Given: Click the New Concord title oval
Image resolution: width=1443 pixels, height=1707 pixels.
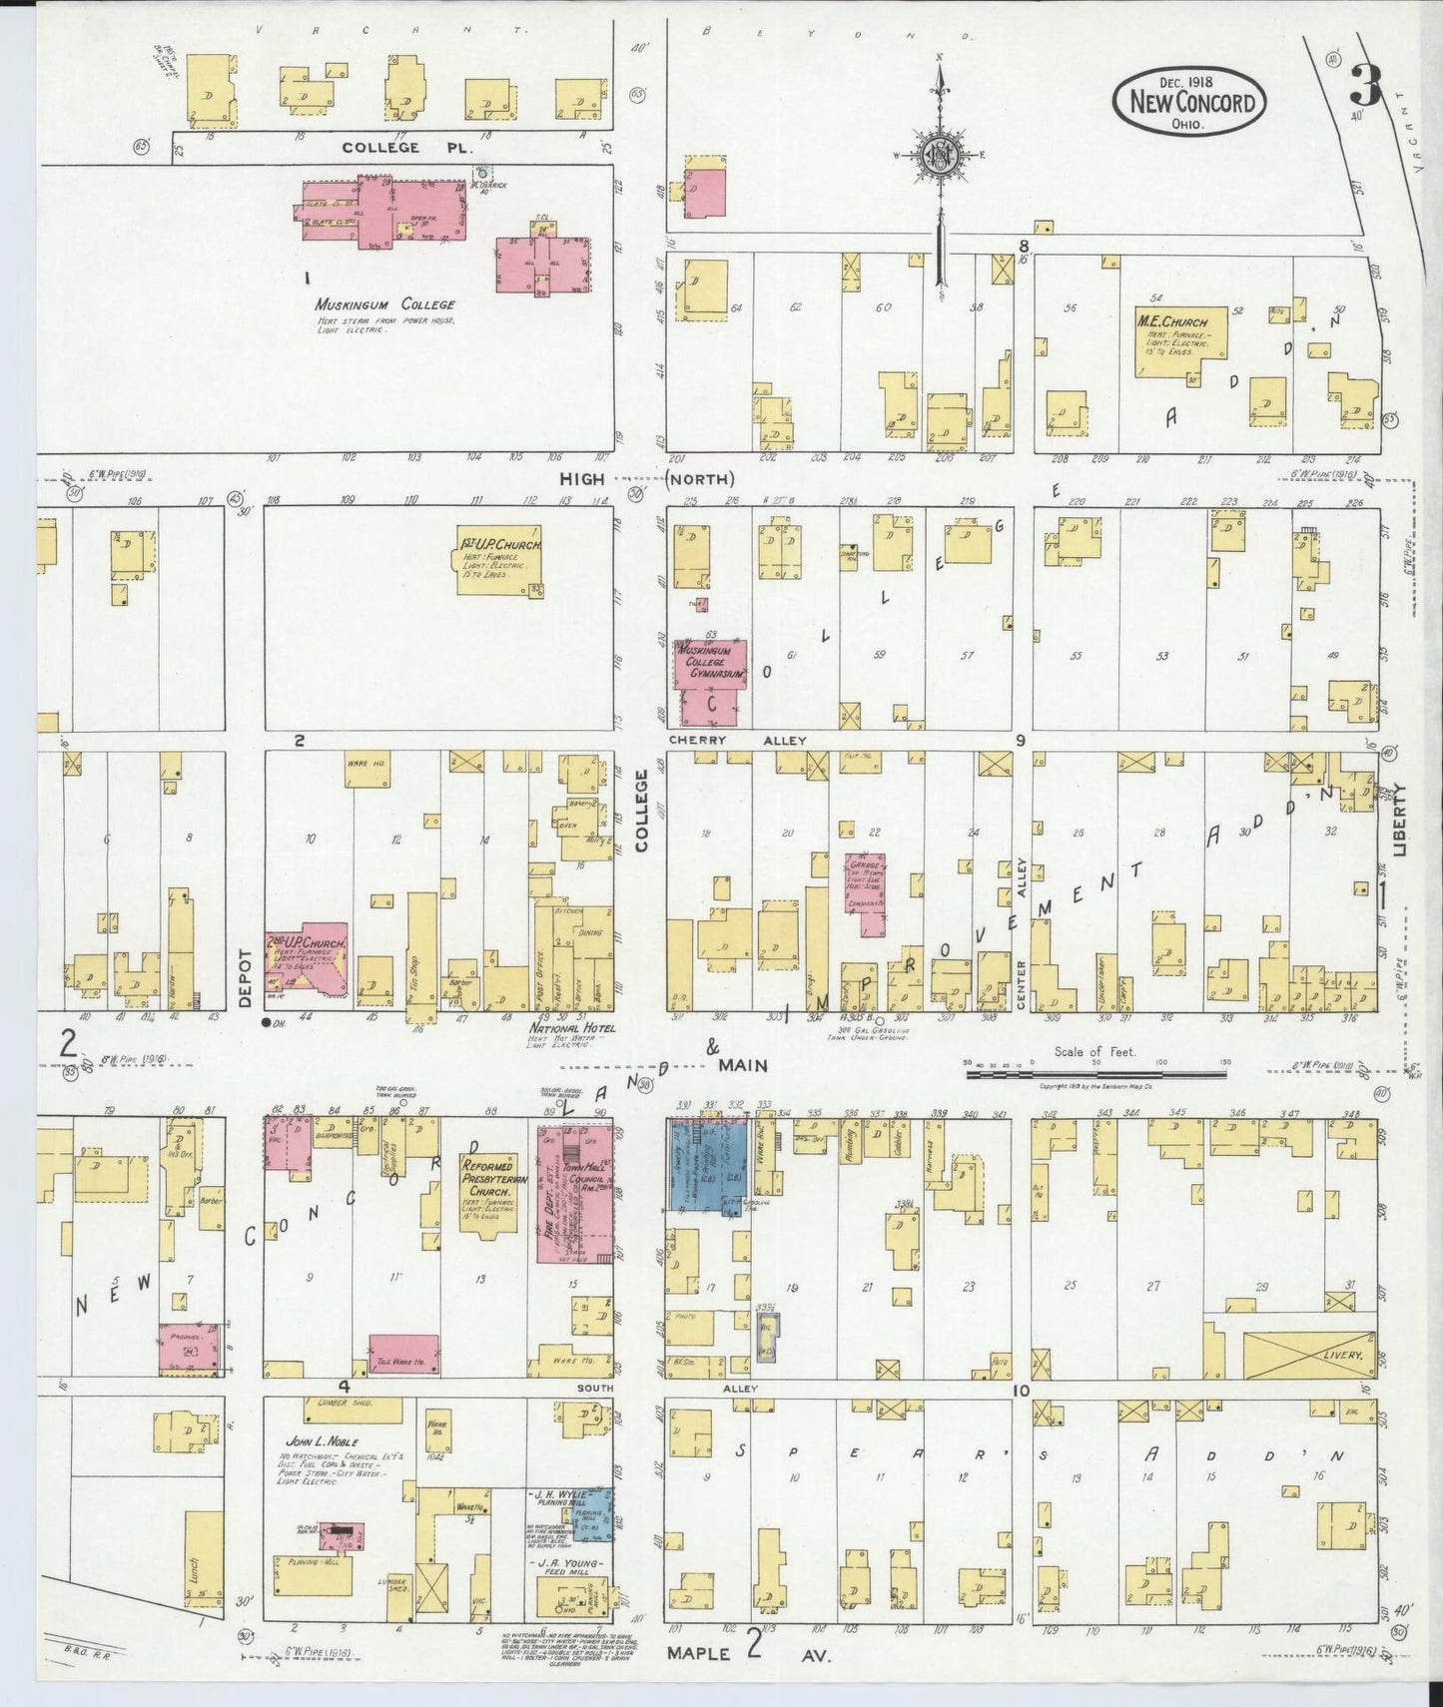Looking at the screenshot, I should (1190, 100).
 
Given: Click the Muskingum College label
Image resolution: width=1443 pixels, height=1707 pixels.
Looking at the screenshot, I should (384, 304).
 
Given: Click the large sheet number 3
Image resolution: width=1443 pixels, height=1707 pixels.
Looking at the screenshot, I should (1364, 85).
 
